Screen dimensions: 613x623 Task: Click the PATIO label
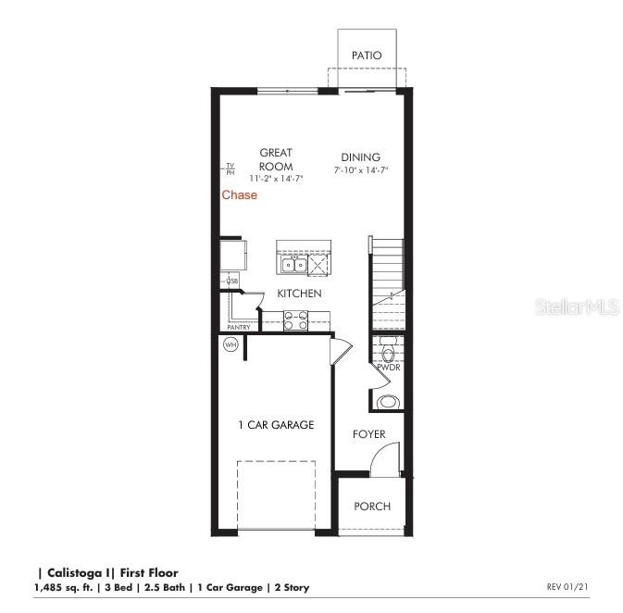tap(368, 56)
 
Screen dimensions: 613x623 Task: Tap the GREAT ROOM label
tap(276, 159)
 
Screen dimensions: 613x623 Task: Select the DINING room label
tap(360, 157)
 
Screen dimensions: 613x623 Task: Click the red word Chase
tap(239, 195)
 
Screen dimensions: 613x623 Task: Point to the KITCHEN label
tap(300, 294)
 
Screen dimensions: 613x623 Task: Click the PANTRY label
tap(239, 327)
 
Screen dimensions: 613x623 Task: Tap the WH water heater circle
tap(230, 345)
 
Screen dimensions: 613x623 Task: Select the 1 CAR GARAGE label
tap(276, 425)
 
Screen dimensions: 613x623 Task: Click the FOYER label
tap(368, 434)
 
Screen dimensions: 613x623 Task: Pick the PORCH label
tap(372, 507)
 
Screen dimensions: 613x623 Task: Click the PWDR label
tap(387, 368)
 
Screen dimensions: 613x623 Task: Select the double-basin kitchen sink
tap(294, 266)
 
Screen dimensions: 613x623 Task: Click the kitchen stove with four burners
tap(295, 321)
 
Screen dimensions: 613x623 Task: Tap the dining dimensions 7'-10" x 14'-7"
tap(361, 170)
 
